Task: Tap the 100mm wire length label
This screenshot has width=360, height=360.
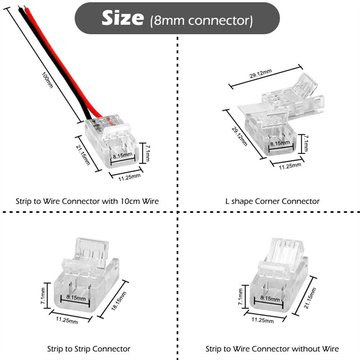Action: pos(48,80)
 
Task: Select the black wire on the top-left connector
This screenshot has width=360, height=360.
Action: pos(54,65)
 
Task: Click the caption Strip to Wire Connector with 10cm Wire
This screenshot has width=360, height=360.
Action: pos(87,201)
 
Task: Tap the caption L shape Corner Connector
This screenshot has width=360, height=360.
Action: pos(273,201)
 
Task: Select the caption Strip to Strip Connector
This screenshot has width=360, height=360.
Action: pos(89,348)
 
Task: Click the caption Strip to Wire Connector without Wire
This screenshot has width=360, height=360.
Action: pos(272,348)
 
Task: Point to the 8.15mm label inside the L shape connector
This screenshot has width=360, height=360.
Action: pos(280,143)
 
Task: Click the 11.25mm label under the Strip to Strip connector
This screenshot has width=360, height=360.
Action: pos(67,320)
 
